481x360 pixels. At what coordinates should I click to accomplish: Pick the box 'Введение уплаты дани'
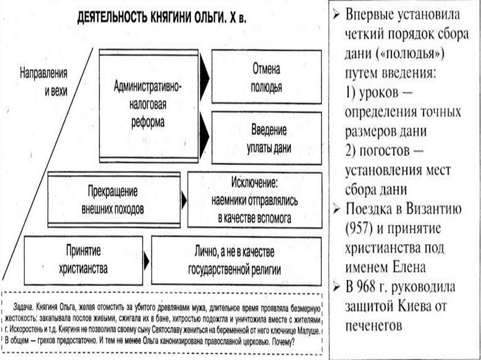click(266, 138)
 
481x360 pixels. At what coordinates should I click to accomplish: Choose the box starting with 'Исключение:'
click(255, 199)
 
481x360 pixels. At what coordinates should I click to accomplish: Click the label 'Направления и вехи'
click(44, 82)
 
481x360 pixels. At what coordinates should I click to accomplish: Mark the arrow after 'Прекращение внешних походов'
click(184, 201)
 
